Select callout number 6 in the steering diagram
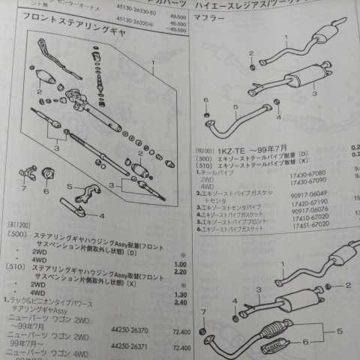[46, 190]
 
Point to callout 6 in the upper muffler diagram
[206, 100]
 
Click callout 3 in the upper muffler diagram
[315, 93]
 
